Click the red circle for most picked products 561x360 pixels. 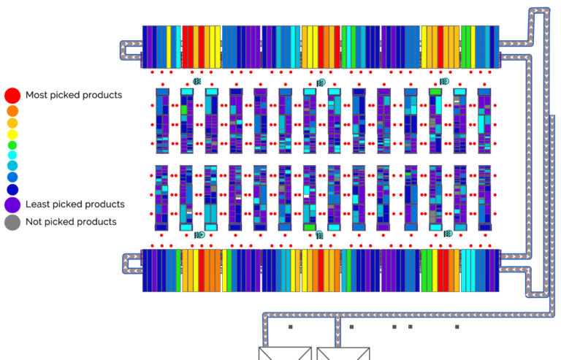12,96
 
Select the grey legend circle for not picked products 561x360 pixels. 12,223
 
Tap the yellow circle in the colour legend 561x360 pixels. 12,134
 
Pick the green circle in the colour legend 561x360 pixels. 12,145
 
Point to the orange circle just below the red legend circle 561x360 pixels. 12,111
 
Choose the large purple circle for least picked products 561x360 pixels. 12,205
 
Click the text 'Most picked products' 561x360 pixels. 74,95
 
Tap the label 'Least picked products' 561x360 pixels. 75,204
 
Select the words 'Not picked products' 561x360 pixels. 71,222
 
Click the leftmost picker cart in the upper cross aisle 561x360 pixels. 197,82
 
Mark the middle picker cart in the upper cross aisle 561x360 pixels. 321,83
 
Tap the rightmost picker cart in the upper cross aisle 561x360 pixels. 444,82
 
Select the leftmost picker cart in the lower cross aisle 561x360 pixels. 199,235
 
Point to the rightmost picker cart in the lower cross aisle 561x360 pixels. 448,234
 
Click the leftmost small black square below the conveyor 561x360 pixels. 291,326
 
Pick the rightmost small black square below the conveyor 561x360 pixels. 457,326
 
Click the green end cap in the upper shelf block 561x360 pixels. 435,92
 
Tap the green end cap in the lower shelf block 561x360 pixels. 310,227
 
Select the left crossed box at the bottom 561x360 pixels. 285,353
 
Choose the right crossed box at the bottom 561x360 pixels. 343,353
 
